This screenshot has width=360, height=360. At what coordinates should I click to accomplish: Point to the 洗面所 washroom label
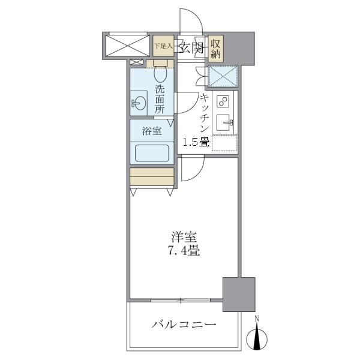coord(160,100)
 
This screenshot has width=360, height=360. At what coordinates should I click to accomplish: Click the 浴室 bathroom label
coord(152,130)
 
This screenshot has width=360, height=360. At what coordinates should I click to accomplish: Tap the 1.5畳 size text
coord(196,143)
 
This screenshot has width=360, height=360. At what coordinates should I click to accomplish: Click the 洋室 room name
coord(184,238)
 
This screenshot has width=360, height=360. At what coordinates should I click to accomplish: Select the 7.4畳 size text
coord(184,251)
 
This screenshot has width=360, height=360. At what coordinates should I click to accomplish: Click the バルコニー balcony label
coord(184,325)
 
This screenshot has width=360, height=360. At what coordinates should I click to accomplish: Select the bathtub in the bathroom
coord(152,152)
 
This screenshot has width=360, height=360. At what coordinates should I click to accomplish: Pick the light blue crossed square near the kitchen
coord(223,76)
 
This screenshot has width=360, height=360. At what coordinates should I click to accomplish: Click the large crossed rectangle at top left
coord(126,45)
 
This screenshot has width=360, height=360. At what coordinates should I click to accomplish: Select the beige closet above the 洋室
coord(152,176)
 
